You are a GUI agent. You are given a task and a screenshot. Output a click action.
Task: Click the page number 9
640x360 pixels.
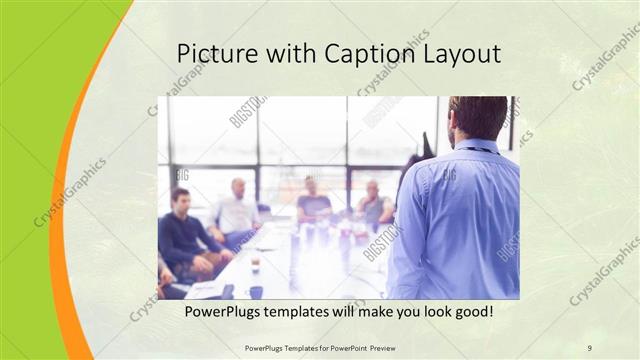pos(589,347)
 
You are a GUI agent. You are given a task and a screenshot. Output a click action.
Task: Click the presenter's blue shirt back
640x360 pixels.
pos(460,220)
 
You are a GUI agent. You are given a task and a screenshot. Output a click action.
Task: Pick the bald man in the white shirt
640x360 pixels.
pos(236,210)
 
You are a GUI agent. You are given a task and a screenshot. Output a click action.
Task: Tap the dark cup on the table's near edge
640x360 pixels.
pos(256,292)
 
